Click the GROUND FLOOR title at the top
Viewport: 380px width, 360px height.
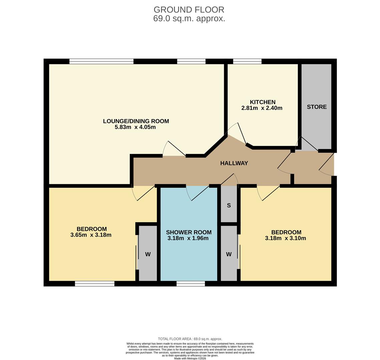pos(189,10)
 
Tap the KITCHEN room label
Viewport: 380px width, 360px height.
pos(263,102)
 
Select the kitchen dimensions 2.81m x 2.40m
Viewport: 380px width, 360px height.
pos(262,108)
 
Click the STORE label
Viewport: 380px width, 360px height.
pos(317,107)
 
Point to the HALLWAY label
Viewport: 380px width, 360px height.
pos(234,163)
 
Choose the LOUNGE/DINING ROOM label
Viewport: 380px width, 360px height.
pos(136,121)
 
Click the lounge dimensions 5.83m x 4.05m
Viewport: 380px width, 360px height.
pos(135,127)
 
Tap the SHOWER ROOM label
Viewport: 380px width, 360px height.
pos(188,232)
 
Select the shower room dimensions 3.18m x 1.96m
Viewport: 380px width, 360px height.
pos(188,238)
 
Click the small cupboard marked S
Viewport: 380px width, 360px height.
pos(229,205)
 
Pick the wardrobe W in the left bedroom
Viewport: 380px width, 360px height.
pos(148,254)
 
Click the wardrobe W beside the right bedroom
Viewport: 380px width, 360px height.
pos(229,254)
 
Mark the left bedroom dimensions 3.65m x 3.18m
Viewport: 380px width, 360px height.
pos(91,235)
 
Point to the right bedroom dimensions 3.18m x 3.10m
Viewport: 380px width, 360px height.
pos(285,238)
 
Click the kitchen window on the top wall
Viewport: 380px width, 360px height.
pos(247,61)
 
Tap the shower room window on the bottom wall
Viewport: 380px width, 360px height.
pos(191,284)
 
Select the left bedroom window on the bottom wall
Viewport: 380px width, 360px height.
pos(95,284)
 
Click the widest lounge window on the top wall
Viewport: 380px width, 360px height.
pos(101,61)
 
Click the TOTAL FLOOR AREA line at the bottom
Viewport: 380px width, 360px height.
pos(190,339)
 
